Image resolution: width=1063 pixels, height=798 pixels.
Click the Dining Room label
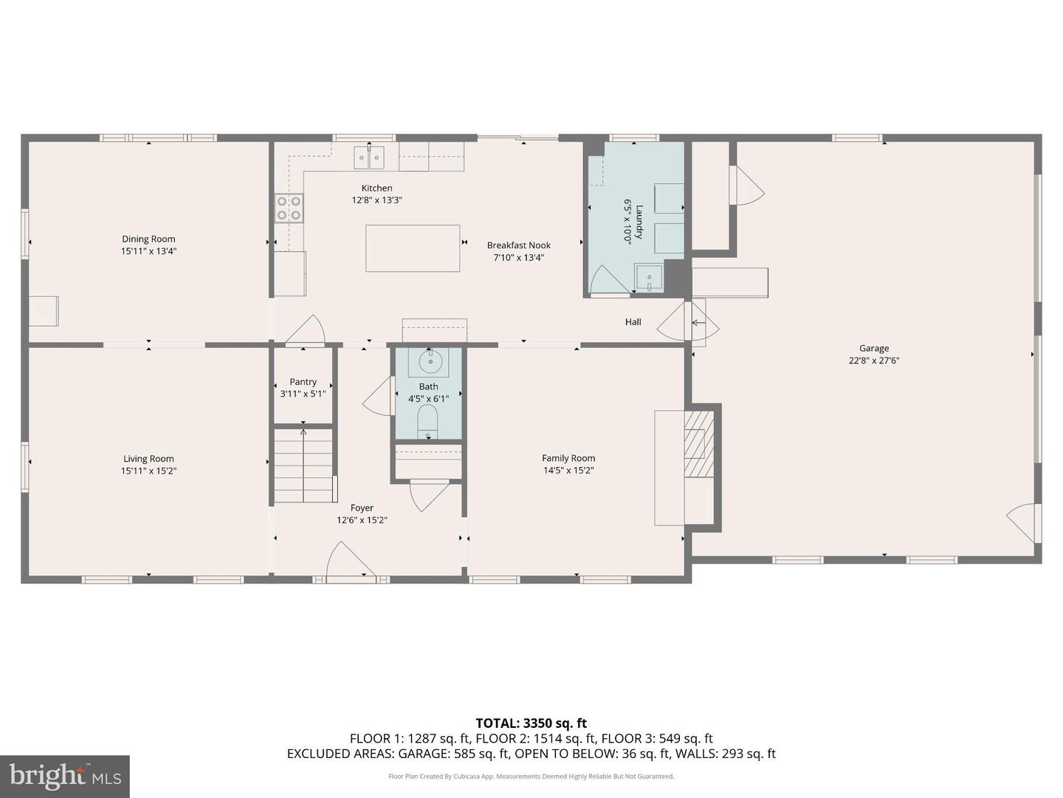click(x=148, y=239)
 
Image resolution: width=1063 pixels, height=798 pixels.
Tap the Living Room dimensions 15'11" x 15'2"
click(x=148, y=471)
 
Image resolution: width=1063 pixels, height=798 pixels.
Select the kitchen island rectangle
click(x=413, y=248)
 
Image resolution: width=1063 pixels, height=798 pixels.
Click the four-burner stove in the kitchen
click(x=289, y=208)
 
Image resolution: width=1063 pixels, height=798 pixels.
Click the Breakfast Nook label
click(x=518, y=245)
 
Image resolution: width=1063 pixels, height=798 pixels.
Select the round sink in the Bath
click(x=430, y=362)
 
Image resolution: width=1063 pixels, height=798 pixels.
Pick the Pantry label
click(x=303, y=382)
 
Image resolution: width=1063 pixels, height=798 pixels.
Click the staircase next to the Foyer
click(x=303, y=465)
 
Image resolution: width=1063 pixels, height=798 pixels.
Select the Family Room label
click(x=568, y=458)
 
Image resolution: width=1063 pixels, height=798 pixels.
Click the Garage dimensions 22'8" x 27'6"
click(x=874, y=361)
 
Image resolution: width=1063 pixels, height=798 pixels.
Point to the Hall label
click(x=633, y=322)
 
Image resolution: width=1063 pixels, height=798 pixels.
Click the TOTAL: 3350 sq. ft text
click(x=531, y=723)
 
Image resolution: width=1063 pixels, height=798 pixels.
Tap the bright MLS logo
click(x=65, y=776)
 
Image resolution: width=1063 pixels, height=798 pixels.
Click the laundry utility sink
click(x=650, y=277)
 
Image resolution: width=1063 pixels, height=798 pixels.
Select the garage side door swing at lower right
click(x=1024, y=522)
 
